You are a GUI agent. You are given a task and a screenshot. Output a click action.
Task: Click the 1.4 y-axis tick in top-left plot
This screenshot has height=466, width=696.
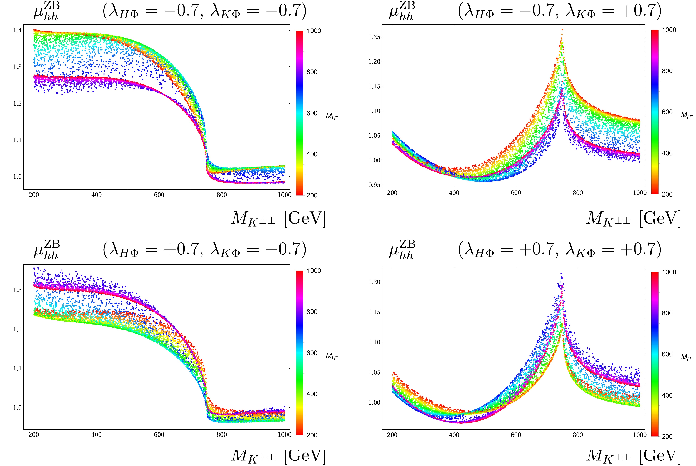tap(17, 30)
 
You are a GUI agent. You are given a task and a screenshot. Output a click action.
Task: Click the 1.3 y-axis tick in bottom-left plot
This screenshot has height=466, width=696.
tap(17, 290)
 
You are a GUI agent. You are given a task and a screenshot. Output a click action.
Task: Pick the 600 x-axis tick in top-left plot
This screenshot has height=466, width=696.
tap(159, 195)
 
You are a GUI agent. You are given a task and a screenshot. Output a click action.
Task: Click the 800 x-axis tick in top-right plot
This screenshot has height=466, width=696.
tap(578, 193)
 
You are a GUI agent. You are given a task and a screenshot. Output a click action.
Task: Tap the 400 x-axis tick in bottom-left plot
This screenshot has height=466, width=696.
tap(96, 435)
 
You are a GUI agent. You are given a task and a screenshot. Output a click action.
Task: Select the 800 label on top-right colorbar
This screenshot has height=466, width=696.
tap(667, 71)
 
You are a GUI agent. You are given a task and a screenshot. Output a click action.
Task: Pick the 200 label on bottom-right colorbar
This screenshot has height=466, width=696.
tap(667, 436)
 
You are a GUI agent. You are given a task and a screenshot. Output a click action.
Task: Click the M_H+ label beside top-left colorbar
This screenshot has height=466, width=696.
tap(332, 116)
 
